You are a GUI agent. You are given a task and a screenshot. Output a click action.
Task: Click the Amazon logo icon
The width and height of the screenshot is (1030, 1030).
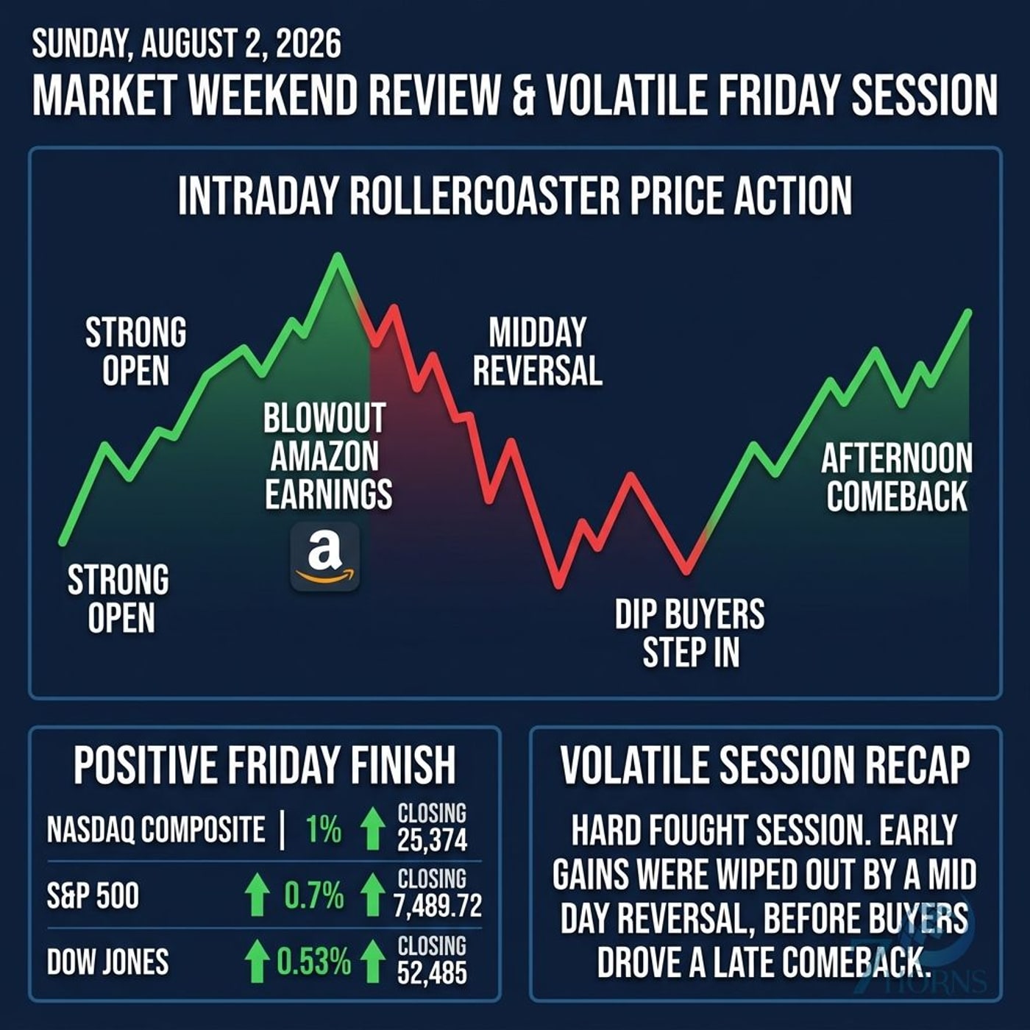(325, 557)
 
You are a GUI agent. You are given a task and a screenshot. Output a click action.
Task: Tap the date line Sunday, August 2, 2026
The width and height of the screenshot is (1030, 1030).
(187, 44)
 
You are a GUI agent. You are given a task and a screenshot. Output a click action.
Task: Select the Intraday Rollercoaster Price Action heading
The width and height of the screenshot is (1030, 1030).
(515, 196)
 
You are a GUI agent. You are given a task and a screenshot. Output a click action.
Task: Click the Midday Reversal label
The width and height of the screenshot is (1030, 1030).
(538, 351)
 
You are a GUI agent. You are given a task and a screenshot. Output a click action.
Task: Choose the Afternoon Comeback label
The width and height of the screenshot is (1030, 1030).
(897, 477)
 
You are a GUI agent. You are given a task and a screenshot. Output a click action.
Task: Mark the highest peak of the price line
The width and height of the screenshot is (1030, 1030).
(338, 256)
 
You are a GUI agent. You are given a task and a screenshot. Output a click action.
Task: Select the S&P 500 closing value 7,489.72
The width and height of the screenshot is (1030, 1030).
(438, 906)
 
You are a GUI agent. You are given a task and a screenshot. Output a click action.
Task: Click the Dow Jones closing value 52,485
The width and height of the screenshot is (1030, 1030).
(432, 973)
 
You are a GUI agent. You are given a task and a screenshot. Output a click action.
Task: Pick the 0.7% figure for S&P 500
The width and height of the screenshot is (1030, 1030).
(313, 896)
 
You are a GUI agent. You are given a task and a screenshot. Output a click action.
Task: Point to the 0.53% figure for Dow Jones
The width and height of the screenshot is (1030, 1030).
(313, 962)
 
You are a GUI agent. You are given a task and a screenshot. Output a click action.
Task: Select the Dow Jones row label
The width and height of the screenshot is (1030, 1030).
(108, 962)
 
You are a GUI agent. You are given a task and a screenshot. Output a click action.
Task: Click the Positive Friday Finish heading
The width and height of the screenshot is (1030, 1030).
(265, 765)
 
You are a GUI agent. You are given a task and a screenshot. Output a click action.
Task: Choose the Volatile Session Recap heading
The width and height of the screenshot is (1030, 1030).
(765, 765)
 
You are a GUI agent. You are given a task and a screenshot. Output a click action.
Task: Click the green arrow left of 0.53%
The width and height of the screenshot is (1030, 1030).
(257, 962)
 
